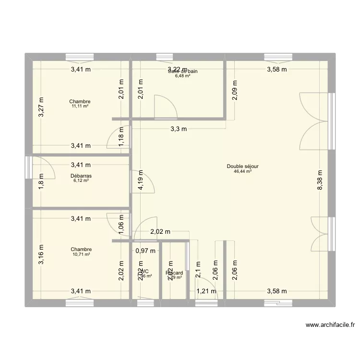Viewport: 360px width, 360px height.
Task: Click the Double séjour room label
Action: [x=239, y=167]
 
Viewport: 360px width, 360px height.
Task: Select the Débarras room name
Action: [x=81, y=176]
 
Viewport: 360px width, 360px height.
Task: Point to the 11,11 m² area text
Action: [x=80, y=106]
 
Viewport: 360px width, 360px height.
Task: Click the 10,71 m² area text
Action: [x=81, y=254]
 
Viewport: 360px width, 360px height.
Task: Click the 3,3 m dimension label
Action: [x=178, y=129]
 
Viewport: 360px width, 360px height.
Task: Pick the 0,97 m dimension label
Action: [x=145, y=250]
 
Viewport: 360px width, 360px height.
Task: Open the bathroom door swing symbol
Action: [x=165, y=107]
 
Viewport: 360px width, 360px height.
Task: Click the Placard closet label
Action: [x=174, y=273]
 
